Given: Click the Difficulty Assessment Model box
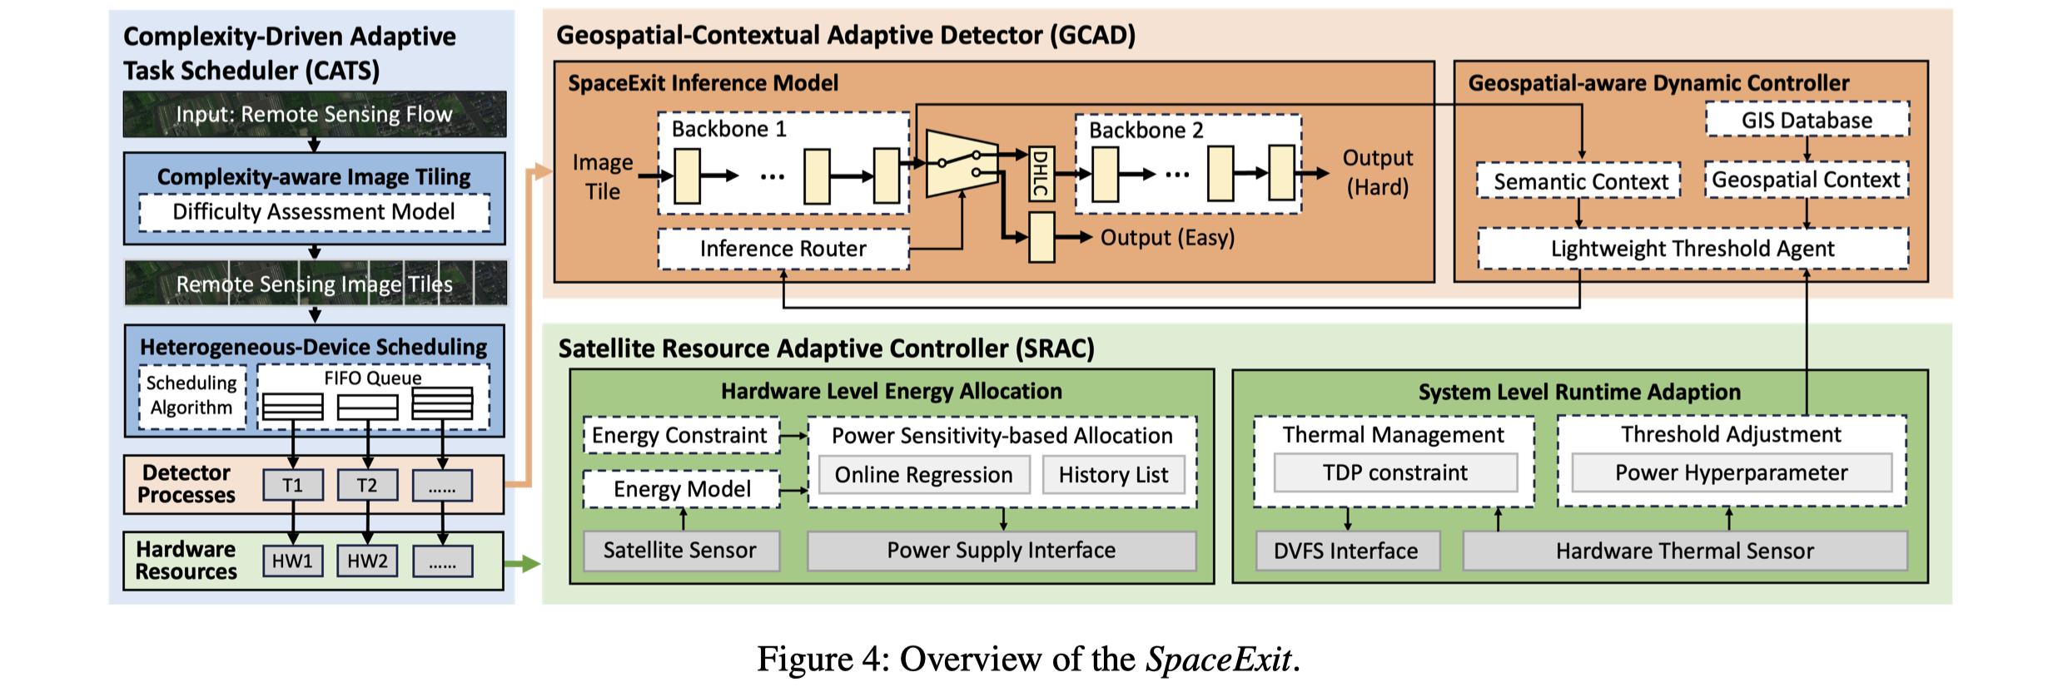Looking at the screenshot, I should pos(314,212).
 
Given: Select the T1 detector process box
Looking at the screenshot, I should pos(293,485).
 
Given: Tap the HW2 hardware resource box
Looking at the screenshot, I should pos(367,561).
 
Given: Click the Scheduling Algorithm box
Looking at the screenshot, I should pos(192,396).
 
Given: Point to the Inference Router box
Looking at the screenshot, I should pos(783,249).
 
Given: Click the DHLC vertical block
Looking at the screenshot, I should pos(1041,174).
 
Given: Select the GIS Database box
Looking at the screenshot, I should pos(1807,120).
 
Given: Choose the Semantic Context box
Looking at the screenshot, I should pos(1579,181).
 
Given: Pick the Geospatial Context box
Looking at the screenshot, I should pos(1806,180).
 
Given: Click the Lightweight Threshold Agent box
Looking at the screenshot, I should pos(1693,249).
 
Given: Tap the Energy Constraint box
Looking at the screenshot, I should pos(679,435).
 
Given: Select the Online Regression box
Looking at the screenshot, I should pos(923,475).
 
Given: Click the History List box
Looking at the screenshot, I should pos(1113,475).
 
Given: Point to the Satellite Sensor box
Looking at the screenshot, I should pos(680,551).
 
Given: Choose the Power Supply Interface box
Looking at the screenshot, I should pos(1001,551).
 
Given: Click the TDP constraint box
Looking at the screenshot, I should pos(1394,472).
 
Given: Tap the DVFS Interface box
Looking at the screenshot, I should pos(1345,551).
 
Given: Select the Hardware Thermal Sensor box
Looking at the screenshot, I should pos(1684,551).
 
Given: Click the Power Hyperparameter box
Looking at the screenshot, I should pos(1731,472).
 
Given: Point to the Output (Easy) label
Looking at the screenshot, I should pos(1167,238).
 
